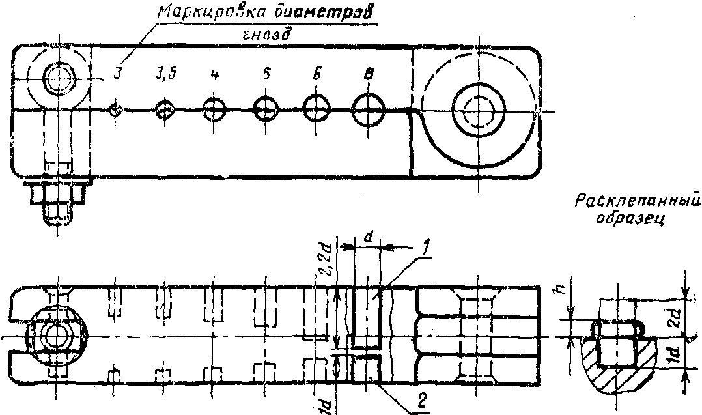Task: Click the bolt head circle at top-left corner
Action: click(x=57, y=78)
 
